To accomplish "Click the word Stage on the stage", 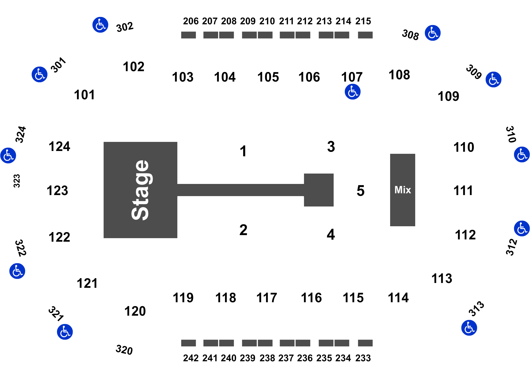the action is click(x=140, y=190).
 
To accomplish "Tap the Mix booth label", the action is click(x=403, y=190).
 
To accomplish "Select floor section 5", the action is click(x=360, y=191).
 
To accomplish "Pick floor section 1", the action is click(x=243, y=151).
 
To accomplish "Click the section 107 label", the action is click(x=352, y=77).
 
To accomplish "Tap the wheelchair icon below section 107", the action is click(x=352, y=92).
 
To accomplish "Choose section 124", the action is click(x=59, y=146).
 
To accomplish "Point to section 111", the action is click(x=463, y=191).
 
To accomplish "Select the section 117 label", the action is click(x=267, y=298).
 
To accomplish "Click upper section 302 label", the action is click(x=125, y=27).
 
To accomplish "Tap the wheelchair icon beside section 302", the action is click(x=100, y=25).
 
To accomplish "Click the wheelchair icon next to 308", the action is click(x=433, y=33).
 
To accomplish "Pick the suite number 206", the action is click(x=191, y=21).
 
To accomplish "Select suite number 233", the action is click(x=363, y=358).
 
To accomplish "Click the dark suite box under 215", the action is click(x=365, y=35).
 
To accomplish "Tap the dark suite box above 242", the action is click(x=188, y=343).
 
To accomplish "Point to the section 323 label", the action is click(x=17, y=181).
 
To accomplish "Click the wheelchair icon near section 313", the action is click(x=469, y=328).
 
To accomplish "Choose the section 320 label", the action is click(x=124, y=350).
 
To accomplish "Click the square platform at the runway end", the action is click(x=319, y=190).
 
